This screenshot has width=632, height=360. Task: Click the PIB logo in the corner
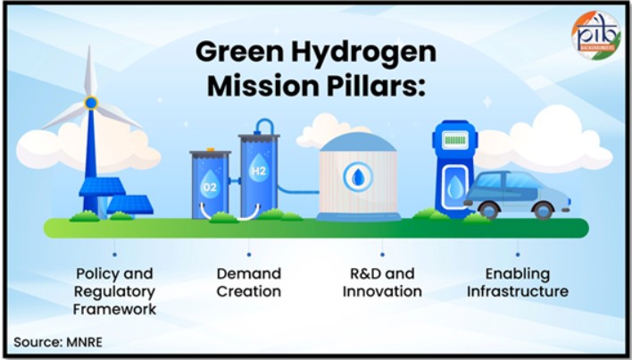click(596, 35)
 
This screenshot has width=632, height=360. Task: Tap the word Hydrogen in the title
click(363, 53)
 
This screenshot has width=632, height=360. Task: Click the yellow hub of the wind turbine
click(91, 103)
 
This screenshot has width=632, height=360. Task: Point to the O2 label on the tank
click(210, 187)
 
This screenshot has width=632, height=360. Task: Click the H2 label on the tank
click(258, 171)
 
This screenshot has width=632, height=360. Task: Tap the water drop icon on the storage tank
click(358, 177)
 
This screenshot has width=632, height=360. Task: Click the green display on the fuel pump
click(455, 140)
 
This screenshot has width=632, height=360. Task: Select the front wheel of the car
click(489, 210)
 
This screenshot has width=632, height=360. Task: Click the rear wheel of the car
click(543, 210)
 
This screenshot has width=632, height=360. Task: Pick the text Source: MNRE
click(58, 342)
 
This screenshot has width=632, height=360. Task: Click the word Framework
click(115, 309)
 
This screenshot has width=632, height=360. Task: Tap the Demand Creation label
click(249, 282)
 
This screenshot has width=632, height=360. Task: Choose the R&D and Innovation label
click(382, 282)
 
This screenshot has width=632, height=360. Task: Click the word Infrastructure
click(518, 291)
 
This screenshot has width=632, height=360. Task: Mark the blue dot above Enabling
click(518, 255)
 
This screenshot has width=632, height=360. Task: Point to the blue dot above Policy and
click(114, 255)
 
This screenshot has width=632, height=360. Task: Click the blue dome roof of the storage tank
click(358, 142)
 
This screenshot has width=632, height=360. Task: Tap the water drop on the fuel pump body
click(455, 188)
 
